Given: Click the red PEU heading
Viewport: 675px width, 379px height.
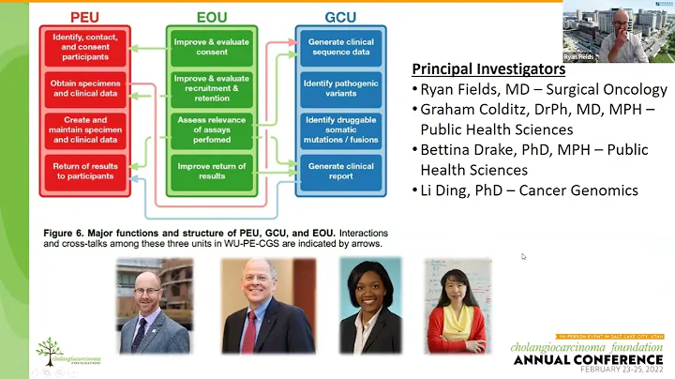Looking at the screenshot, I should pyautogui.click(x=85, y=16).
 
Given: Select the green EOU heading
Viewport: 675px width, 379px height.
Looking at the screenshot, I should pyautogui.click(x=210, y=16).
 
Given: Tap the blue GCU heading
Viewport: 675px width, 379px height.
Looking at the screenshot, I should pyautogui.click(x=340, y=16).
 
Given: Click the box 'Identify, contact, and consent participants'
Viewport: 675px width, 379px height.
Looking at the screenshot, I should pyautogui.click(x=85, y=46).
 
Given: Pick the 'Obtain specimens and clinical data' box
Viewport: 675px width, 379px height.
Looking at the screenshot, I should pyautogui.click(x=85, y=88).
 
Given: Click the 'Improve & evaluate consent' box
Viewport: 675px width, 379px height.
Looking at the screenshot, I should pyautogui.click(x=210, y=46).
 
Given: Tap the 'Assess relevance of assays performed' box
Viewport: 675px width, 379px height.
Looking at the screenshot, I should pyautogui.click(x=210, y=130).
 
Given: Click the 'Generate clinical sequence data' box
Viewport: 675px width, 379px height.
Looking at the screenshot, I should pyautogui.click(x=340, y=46).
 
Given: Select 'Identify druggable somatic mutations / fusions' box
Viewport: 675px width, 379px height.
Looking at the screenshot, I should pyautogui.click(x=340, y=130).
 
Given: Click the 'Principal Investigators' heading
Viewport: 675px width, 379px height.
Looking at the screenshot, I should pyautogui.click(x=488, y=69).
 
